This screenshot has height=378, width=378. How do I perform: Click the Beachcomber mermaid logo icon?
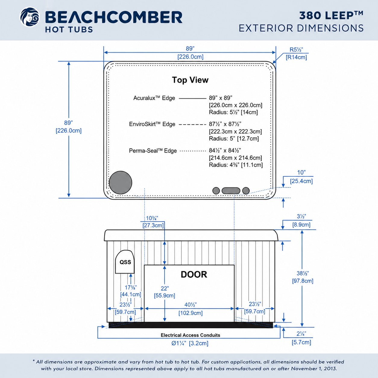[30, 17]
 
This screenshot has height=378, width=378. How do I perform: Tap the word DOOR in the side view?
[194, 274]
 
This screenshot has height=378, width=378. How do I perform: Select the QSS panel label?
[125, 262]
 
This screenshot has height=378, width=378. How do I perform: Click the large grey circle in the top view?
[121, 183]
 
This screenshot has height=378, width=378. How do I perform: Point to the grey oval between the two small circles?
[231, 191]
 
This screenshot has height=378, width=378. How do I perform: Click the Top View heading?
[190, 80]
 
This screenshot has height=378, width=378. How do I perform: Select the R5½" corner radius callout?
[296, 50]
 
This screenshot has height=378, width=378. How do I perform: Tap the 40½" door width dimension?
[191, 305]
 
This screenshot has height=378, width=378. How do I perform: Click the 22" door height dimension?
[165, 288]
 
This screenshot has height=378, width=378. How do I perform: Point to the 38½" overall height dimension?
[303, 273]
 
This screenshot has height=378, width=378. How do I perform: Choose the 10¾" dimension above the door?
[152, 218]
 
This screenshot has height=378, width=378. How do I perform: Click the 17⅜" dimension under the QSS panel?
[131, 288]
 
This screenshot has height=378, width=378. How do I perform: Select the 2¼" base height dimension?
[301, 333]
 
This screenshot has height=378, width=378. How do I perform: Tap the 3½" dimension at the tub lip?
[301, 216]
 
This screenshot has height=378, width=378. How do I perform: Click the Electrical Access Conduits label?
[190, 335]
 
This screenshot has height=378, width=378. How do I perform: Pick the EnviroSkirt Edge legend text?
[152, 124]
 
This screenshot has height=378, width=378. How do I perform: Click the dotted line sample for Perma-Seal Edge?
[193, 151]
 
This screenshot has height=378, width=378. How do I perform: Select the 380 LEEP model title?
[331, 15]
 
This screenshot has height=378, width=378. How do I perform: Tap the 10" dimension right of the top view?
[301, 172]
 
